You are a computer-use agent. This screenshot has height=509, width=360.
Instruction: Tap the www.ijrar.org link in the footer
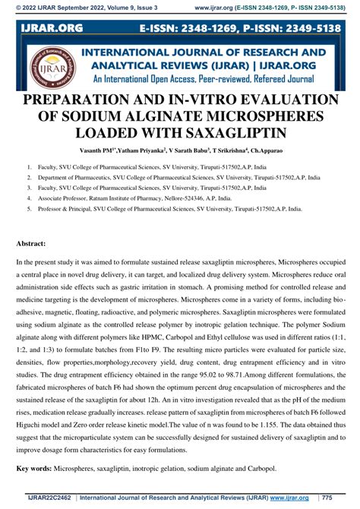289,498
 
